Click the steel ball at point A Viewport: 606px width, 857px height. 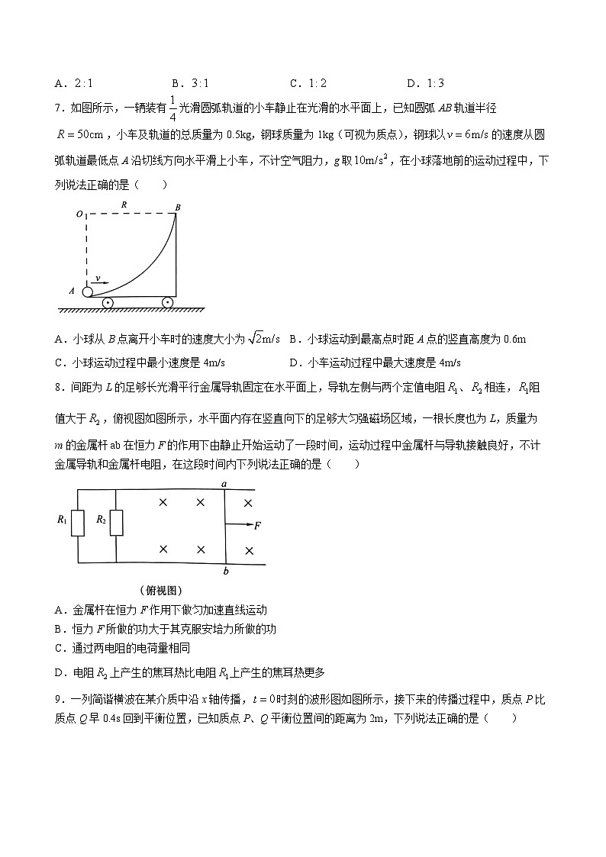88,291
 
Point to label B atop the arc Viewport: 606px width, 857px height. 178,207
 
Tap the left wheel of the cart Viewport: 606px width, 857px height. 108,303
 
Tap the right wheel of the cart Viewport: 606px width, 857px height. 166,303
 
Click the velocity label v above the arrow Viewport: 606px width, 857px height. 97,279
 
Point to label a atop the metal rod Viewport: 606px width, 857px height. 224,483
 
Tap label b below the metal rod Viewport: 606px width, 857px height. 225,572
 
